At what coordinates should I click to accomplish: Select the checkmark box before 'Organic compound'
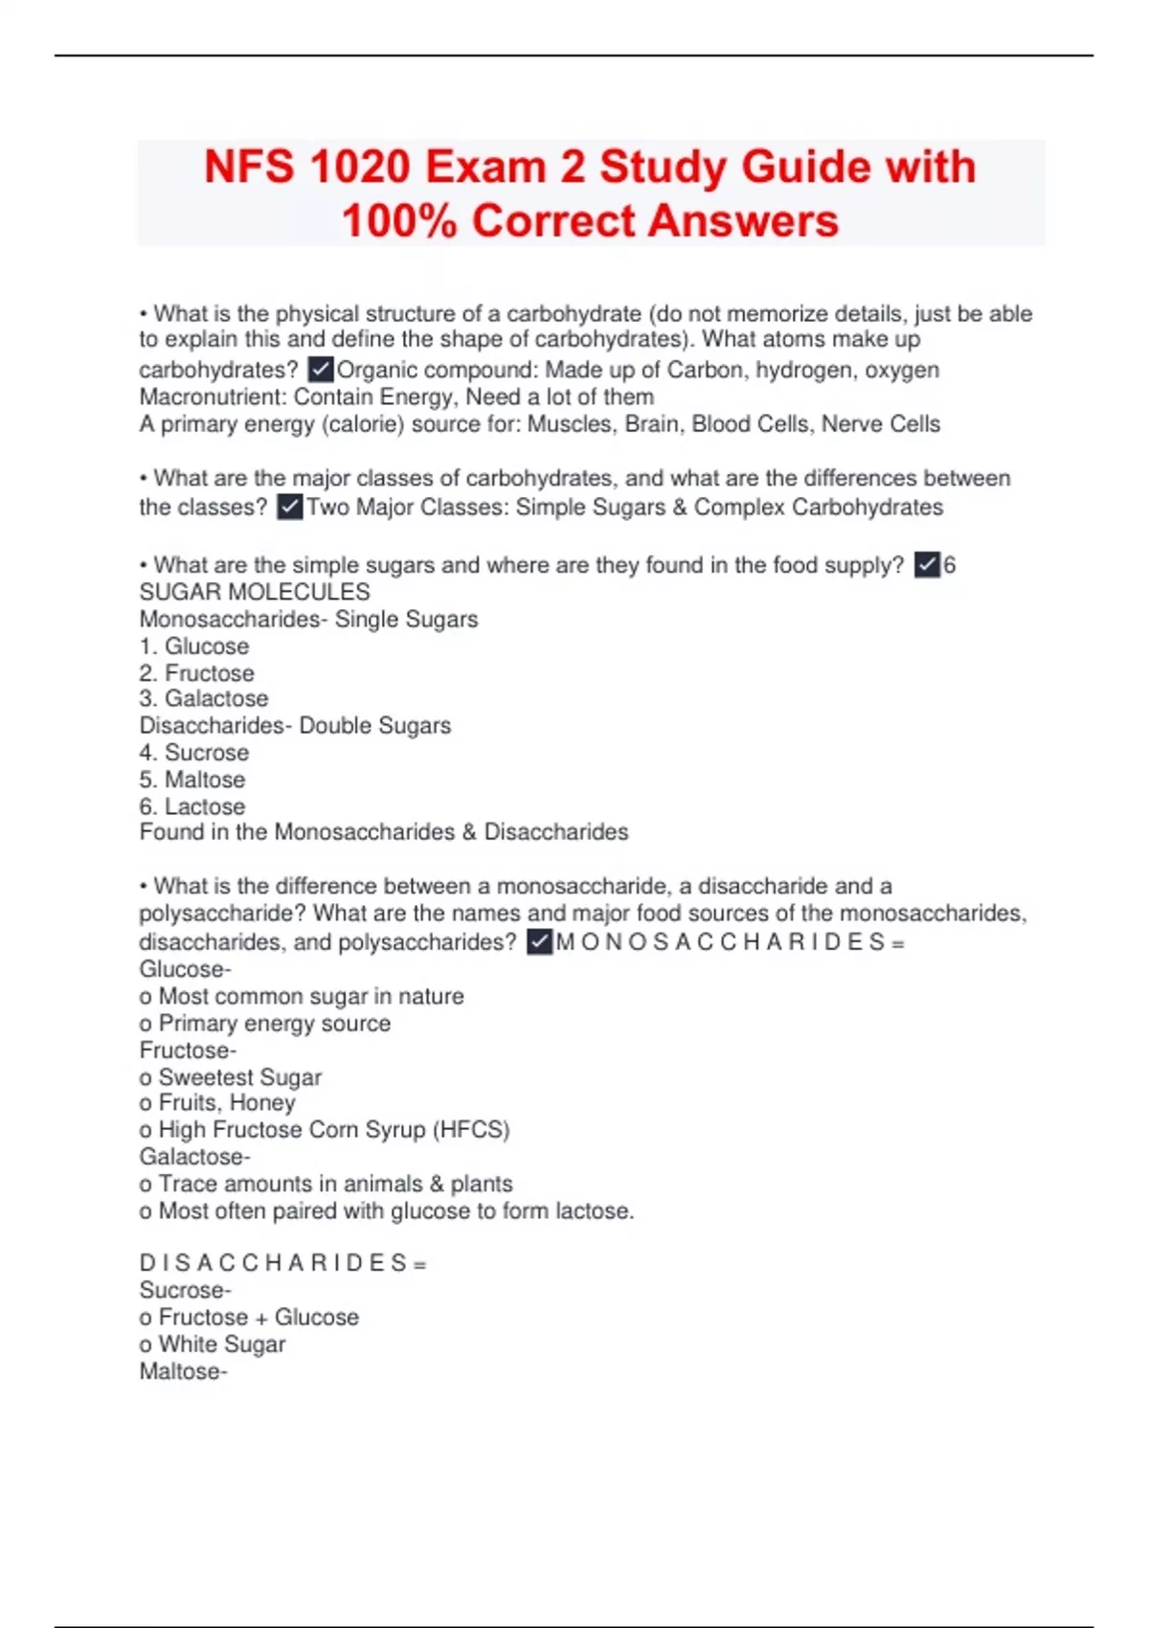[x=320, y=370]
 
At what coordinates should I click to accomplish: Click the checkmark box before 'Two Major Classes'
[x=289, y=507]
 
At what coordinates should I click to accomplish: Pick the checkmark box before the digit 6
[x=926, y=565]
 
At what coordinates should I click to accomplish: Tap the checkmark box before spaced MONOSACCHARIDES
[x=539, y=942]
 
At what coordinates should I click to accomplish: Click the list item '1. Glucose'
[x=194, y=646]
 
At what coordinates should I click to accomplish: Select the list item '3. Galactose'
[x=204, y=699]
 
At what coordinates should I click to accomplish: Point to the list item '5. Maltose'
[x=192, y=780]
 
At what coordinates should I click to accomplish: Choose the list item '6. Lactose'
[x=192, y=806]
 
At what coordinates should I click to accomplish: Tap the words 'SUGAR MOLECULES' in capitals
[x=255, y=592]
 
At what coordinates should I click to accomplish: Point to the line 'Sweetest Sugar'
[x=239, y=1077]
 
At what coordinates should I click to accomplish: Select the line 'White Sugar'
[x=221, y=1345]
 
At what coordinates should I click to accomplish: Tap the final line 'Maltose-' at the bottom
[x=184, y=1371]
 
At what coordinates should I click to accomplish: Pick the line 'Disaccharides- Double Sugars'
[x=295, y=726]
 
